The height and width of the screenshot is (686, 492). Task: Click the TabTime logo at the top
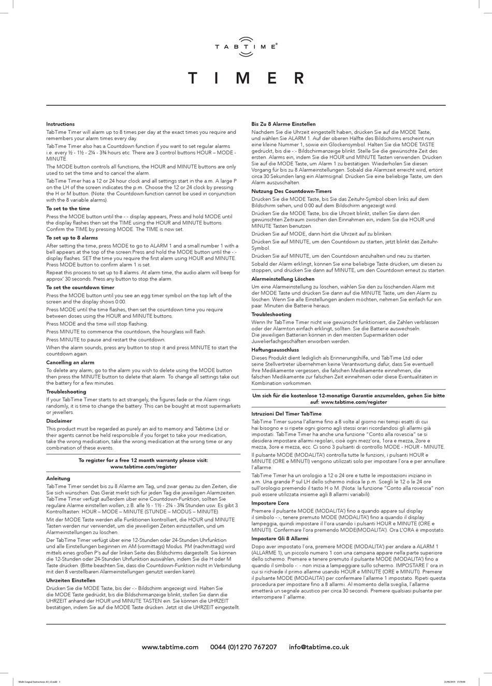tap(246, 44)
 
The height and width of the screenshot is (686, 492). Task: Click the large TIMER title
tap(246, 78)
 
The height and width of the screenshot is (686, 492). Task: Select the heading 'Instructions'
tap(60, 124)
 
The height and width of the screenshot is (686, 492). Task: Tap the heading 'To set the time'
tap(68, 208)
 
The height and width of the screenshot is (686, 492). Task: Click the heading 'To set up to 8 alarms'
tap(72, 237)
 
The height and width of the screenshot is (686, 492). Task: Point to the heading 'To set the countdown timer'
tap(80, 287)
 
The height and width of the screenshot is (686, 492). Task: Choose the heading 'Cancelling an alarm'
tap(70, 362)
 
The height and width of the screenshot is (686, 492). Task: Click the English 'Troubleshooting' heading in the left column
tap(66, 391)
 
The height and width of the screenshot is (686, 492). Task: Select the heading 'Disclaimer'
tap(59, 421)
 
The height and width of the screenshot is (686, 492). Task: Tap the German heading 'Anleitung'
tap(58, 478)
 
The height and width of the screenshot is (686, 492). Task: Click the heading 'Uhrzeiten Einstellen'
tap(70, 580)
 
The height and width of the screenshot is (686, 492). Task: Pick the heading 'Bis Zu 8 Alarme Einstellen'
tap(283, 124)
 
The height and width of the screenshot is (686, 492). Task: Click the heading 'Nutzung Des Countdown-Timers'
tap(292, 191)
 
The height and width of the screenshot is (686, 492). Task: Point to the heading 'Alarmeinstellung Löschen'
tap(284, 279)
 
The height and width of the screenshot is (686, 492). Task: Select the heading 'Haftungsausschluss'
tap(275, 350)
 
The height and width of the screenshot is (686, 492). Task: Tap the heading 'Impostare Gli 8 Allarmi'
tap(280, 539)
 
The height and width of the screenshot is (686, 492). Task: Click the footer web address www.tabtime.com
tap(170, 647)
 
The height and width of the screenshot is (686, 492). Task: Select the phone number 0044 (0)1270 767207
tap(243, 647)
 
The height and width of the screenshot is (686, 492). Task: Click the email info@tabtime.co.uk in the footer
tap(319, 647)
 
